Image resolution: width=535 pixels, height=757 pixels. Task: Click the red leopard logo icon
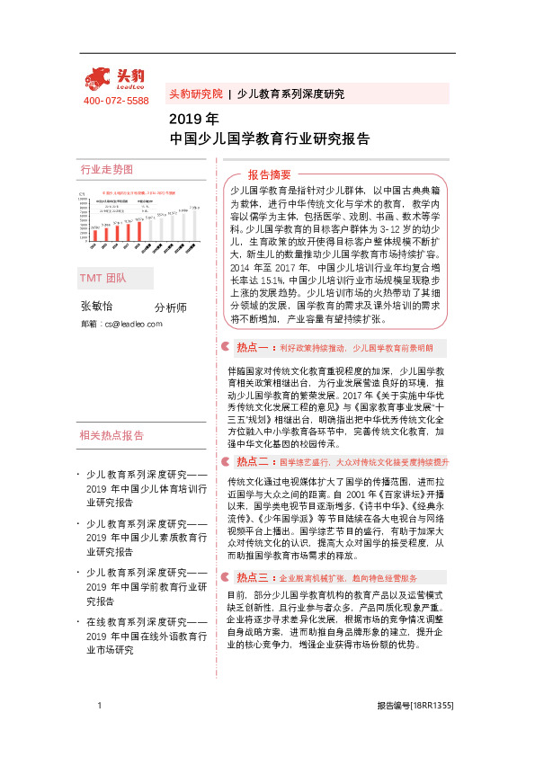click(x=98, y=78)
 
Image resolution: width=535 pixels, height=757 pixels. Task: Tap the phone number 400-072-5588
click(x=116, y=101)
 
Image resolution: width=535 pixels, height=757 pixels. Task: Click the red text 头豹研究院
click(x=195, y=94)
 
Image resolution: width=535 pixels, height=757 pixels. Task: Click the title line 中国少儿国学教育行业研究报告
click(x=270, y=139)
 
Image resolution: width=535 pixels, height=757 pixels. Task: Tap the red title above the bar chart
click(x=138, y=192)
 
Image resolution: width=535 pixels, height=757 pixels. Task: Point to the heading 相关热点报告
click(x=112, y=435)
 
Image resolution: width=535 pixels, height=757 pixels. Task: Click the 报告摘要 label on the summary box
click(x=270, y=174)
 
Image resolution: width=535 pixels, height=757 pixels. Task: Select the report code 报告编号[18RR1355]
click(x=415, y=707)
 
